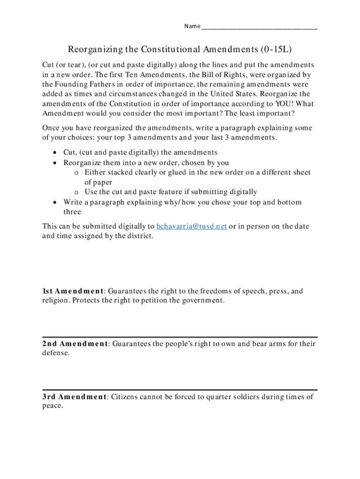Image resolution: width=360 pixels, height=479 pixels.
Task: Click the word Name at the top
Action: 192,26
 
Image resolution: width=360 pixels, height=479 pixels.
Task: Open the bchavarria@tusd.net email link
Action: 192,226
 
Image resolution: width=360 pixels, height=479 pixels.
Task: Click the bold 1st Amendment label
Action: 73,291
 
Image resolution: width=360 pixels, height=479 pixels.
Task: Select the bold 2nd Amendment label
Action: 75,344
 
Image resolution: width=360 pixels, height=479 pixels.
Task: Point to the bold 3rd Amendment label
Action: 74,397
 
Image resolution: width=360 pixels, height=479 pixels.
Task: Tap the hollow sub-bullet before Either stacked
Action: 76,173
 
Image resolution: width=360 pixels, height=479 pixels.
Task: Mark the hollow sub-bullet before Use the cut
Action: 76,192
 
